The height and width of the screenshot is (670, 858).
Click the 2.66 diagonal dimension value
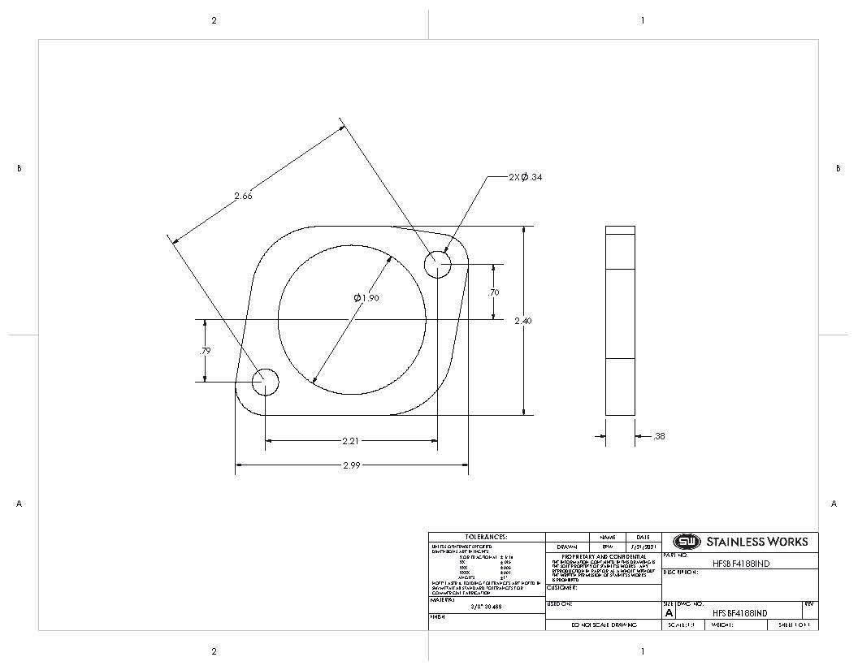243,196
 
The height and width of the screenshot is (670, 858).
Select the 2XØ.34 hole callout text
525,177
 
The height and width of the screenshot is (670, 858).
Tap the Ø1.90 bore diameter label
366,298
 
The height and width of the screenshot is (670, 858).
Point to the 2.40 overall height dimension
523,322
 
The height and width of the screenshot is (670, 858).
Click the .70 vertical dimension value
493,292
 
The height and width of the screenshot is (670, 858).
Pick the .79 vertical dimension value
205,352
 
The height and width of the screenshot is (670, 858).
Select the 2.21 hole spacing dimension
352,441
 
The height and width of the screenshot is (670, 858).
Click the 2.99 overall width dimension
351,465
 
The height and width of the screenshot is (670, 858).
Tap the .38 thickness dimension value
659,437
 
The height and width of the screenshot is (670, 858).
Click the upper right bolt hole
438,264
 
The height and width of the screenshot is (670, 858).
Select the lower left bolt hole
265,382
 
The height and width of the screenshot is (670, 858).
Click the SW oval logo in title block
687,542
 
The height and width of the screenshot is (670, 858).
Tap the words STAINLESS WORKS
756,542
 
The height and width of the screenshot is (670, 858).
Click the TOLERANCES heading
486,537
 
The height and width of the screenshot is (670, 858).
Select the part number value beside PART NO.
739,563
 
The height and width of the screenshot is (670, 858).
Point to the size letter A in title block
669,613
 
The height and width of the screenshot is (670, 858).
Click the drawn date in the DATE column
643,547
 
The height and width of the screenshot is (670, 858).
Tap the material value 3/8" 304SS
486,606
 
